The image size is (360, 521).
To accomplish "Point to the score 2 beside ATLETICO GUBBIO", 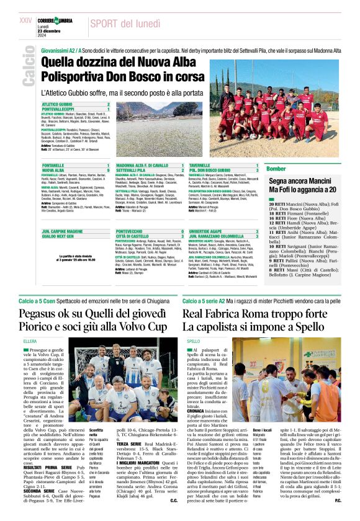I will click(x=108, y=104).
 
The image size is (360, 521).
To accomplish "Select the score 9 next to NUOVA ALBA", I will click(x=108, y=170).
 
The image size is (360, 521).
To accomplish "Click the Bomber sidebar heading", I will click(x=276, y=169).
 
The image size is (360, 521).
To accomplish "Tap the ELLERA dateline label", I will click(x=30, y=342).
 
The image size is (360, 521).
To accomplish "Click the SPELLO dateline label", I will click(x=194, y=342).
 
